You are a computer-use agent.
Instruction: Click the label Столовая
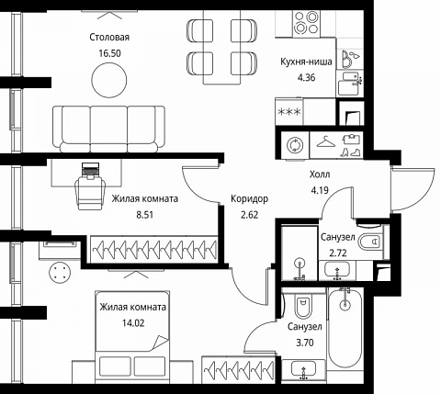point(109,38)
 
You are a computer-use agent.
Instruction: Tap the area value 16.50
point(109,53)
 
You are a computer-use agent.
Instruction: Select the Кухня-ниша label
point(306,62)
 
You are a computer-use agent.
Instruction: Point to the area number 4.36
point(306,77)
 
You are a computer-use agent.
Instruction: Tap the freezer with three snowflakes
point(288,112)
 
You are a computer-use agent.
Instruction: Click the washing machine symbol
point(295,145)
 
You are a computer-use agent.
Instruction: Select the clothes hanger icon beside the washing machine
point(325,141)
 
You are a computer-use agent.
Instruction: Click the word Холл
point(320,174)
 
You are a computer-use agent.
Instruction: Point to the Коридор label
point(249,198)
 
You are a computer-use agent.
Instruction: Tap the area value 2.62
point(249,215)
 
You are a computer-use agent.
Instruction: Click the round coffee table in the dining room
point(109,80)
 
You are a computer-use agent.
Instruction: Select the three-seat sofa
point(108,129)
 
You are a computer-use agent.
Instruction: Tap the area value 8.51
point(144,215)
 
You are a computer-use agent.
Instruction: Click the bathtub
point(345,327)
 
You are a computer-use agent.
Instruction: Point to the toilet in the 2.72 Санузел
point(370,242)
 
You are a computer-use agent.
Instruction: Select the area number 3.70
point(305,343)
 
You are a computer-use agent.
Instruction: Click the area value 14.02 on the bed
point(133,323)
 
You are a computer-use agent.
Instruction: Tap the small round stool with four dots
point(60,272)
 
